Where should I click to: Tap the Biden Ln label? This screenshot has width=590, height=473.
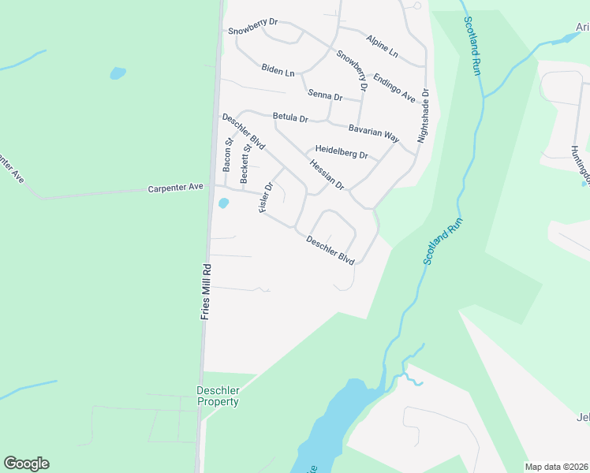click(278, 70)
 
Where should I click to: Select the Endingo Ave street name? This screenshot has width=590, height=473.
click(394, 88)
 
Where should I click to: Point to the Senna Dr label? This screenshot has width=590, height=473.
click(325, 96)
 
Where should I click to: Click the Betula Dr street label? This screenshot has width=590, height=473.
click(289, 117)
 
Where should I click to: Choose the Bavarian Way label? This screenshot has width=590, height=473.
click(374, 130)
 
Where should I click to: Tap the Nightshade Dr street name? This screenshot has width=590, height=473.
click(424, 114)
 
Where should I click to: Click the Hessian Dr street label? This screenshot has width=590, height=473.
click(327, 174)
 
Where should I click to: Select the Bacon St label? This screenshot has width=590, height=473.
click(227, 156)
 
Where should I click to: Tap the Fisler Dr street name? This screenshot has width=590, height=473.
click(265, 198)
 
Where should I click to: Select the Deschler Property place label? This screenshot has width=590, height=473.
click(217, 396)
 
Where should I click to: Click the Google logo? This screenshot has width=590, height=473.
click(26, 464)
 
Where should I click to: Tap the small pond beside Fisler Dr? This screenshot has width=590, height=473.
click(223, 203)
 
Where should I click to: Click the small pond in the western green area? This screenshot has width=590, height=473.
click(118, 73)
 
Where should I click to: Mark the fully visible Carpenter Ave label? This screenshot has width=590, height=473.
click(176, 188)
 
